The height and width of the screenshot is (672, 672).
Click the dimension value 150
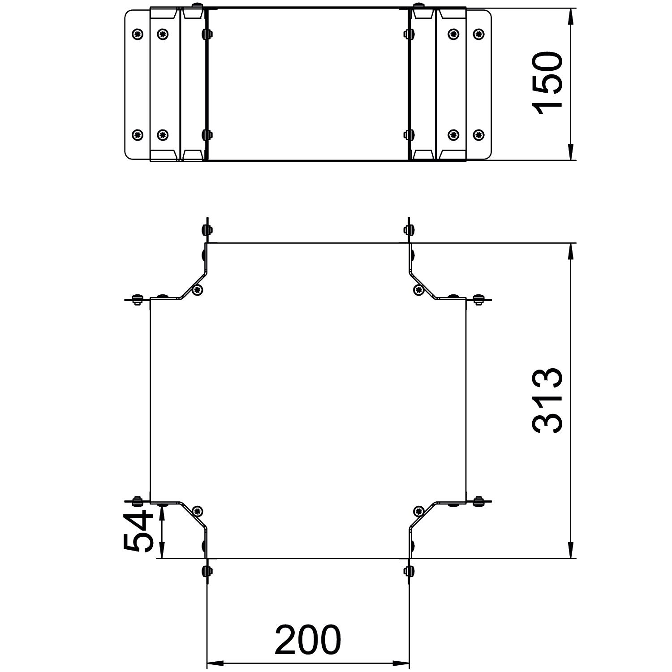(x=547, y=84)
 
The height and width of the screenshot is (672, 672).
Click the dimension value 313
(x=547, y=401)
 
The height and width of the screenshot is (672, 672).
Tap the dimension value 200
(x=308, y=639)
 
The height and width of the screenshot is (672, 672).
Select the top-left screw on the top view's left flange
(x=138, y=33)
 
